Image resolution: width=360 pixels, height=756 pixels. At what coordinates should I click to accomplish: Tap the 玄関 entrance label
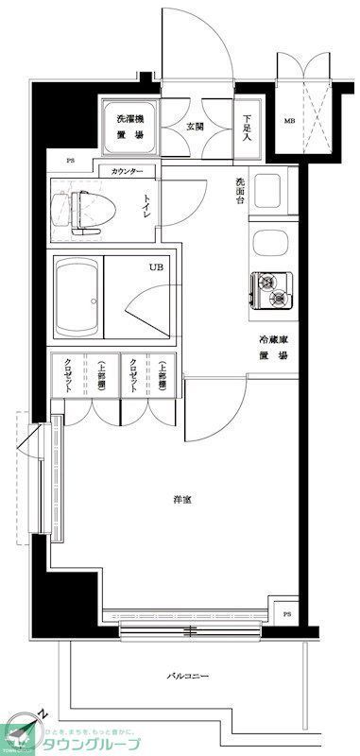coord(195,127)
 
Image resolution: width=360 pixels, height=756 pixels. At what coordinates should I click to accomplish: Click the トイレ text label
coord(147,205)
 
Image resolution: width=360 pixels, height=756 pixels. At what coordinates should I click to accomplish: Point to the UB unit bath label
coord(155,267)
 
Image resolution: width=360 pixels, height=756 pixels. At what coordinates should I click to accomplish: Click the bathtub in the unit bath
coord(77,300)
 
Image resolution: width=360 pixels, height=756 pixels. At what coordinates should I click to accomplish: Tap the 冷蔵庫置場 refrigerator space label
coord(274,347)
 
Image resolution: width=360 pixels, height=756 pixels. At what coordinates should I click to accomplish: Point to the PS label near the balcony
coord(287,615)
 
